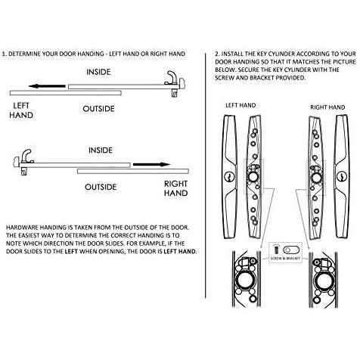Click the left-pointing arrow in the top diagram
50,86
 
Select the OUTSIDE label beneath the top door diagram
98,109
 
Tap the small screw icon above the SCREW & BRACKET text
277,248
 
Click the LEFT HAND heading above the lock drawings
241,106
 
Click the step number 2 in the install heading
216,54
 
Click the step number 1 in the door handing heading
4,54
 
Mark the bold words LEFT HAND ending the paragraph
178,251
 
